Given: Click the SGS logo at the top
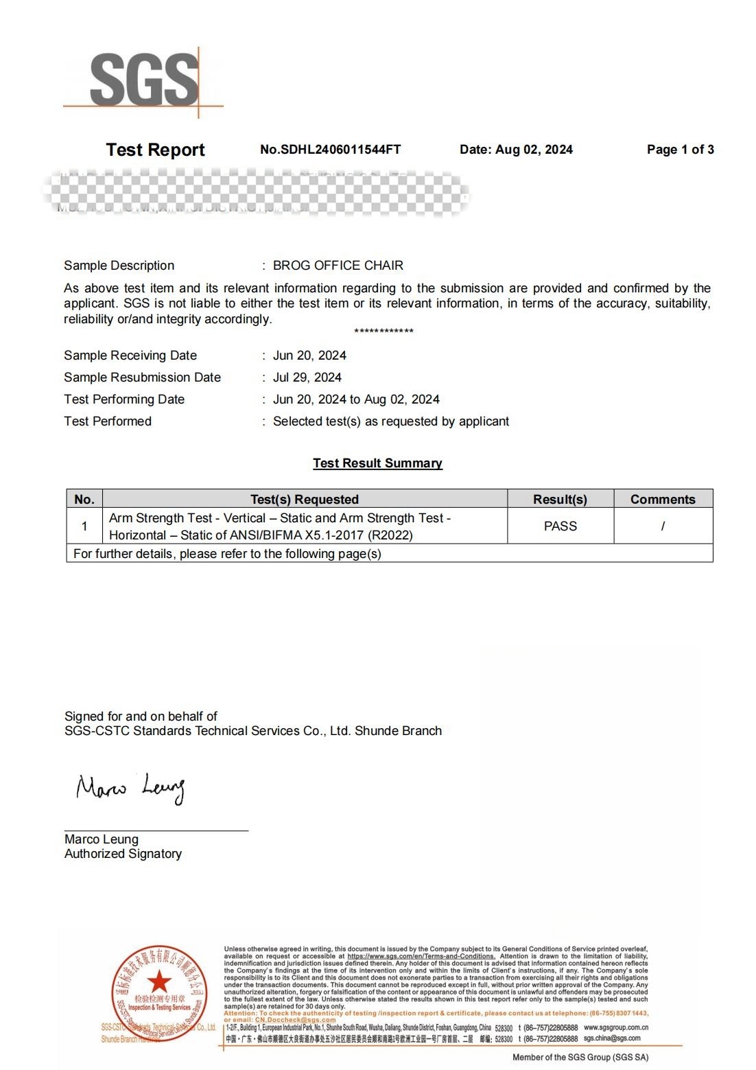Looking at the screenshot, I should pos(144,80).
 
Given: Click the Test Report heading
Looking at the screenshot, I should pos(155,150).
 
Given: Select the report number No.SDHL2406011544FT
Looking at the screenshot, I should pos(330,150).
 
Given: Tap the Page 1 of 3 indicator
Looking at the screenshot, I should pos(680,150).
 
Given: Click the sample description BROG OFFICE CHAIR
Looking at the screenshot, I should pos(338,266).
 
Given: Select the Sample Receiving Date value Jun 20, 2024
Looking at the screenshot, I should pos(309,356).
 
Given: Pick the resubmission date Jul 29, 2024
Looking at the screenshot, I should pos(307,377).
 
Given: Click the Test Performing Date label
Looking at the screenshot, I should pos(124,399).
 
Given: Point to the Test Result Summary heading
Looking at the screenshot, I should pos(377,463).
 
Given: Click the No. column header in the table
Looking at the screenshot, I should pos(84,500).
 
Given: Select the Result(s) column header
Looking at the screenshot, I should pos(560,500).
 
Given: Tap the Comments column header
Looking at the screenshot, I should pos(663,500).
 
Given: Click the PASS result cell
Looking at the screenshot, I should pos(560,526).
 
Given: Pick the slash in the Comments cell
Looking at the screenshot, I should pos(663,526).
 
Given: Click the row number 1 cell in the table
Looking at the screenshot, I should pos(84,526).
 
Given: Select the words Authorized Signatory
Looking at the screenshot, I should pos(123,854).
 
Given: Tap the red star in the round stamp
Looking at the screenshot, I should pos(159,981).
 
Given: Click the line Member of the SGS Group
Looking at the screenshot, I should pos(580,1057).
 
